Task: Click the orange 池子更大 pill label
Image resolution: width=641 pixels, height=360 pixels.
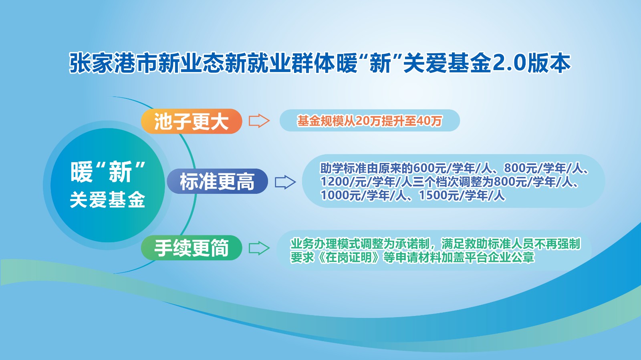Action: click(191, 121)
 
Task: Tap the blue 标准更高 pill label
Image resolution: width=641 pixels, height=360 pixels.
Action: click(217, 181)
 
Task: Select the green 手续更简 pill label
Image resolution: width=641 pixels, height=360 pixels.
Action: click(191, 247)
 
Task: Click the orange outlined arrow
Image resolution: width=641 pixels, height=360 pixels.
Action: click(259, 121)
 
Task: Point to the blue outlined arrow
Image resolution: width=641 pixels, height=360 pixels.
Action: click(285, 182)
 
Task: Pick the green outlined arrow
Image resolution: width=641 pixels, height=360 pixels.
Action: click(259, 248)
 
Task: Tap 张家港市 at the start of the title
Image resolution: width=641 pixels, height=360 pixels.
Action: click(113, 63)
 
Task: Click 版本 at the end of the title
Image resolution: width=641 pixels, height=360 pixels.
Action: click(549, 63)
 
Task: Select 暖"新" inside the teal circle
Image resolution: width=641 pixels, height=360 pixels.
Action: click(108, 171)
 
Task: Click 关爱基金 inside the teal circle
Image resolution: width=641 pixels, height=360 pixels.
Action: click(108, 199)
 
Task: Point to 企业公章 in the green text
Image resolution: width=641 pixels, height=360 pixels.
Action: click(511, 257)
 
